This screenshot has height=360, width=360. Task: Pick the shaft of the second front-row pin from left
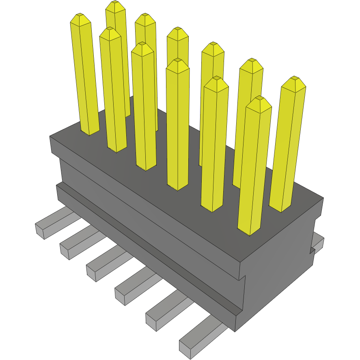click(113, 93)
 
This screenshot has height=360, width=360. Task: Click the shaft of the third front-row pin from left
click(144, 110)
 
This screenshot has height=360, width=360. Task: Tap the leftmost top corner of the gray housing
click(50, 137)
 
